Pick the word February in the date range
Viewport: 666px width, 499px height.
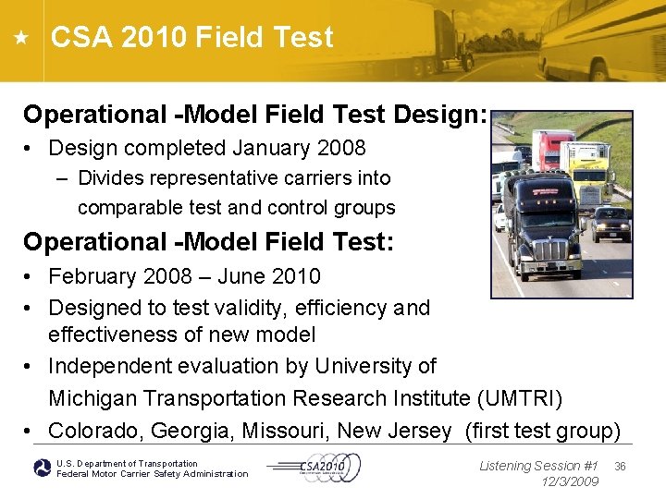coord(92,276)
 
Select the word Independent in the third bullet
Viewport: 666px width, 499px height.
coord(111,366)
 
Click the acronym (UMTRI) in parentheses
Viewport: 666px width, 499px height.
coord(520,398)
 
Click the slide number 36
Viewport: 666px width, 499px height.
coord(620,467)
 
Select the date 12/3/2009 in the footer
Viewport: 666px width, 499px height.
coord(570,481)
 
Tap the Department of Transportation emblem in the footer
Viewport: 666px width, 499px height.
coord(42,469)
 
